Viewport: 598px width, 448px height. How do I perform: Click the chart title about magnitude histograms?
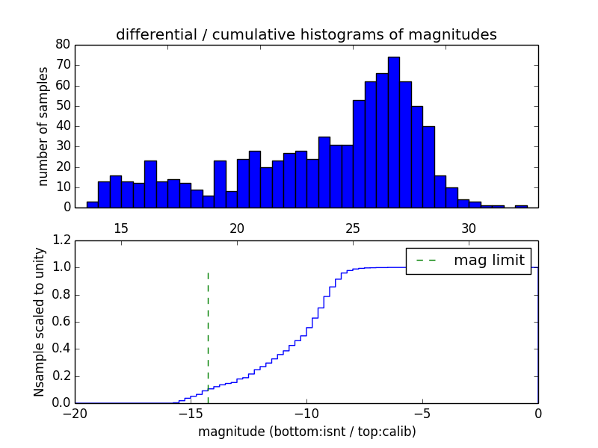click(306, 34)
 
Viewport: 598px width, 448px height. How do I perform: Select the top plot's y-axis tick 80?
click(63, 45)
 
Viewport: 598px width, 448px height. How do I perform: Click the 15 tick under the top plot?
click(121, 228)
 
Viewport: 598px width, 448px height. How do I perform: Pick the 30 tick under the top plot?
click(469, 228)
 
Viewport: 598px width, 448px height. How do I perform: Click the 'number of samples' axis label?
click(43, 126)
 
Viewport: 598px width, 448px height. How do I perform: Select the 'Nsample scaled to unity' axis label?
click(39, 322)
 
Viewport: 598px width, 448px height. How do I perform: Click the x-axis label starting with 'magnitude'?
click(306, 432)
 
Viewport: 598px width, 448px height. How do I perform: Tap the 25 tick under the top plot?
click(353, 228)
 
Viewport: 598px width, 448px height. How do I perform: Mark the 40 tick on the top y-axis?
click(63, 126)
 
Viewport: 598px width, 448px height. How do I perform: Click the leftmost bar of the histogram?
click(93, 204)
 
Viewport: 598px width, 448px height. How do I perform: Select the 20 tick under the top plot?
click(237, 228)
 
